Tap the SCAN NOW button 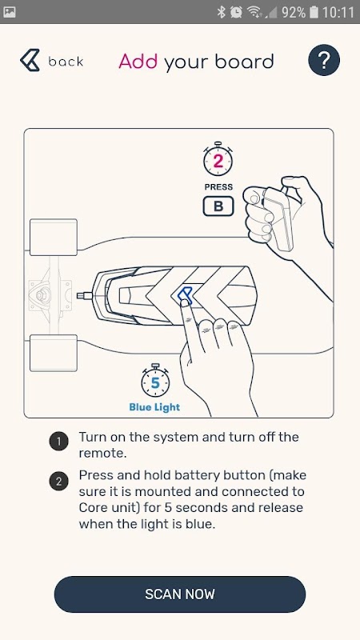click(179, 594)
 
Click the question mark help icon click(324, 60)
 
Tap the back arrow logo click(30, 61)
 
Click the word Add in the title click(138, 62)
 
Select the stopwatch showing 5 click(155, 382)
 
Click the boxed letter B click(218, 206)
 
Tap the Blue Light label click(154, 407)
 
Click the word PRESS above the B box click(218, 187)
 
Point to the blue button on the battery click(185, 294)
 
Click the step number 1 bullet click(58, 442)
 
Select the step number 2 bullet click(58, 482)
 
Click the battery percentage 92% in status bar click(293, 12)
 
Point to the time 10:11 click(338, 12)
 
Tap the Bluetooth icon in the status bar click(222, 12)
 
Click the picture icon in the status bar click(9, 12)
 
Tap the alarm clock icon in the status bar click(236, 12)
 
